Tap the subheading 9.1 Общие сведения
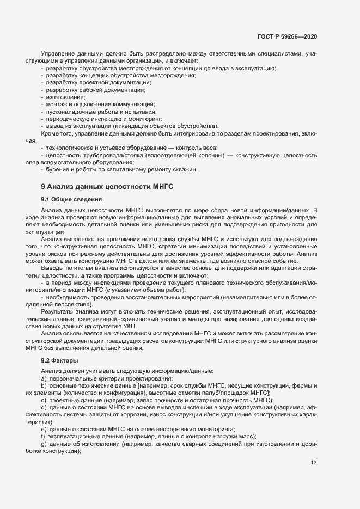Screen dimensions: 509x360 (x=68, y=199)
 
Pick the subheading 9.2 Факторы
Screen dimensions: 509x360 (x=59, y=360)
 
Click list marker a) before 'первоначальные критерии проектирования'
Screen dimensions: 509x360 (x=43, y=378)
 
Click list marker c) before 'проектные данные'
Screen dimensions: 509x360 (x=43, y=400)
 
